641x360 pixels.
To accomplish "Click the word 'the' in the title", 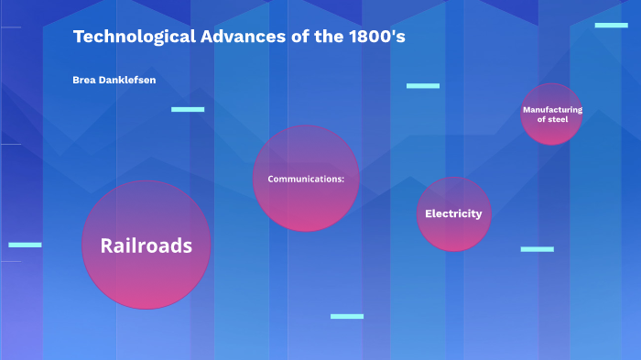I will pos(327,38).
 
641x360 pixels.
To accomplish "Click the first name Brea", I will pos(85,81).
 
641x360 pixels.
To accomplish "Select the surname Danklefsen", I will pos(128,81).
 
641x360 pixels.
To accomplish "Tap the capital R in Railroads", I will pos(107,245).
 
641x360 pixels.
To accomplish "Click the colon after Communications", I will pos(343,179).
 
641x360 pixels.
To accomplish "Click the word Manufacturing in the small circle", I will pos(552,110).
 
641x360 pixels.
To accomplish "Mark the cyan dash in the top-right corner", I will pos(611,26).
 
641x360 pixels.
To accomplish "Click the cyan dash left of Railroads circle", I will pos(25,245).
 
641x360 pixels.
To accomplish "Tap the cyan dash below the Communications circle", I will pos(347,316).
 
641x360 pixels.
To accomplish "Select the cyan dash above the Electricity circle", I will pos(423,86).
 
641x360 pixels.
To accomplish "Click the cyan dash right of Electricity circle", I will pos(537,249).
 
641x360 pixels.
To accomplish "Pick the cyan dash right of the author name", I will pos(188,109).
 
